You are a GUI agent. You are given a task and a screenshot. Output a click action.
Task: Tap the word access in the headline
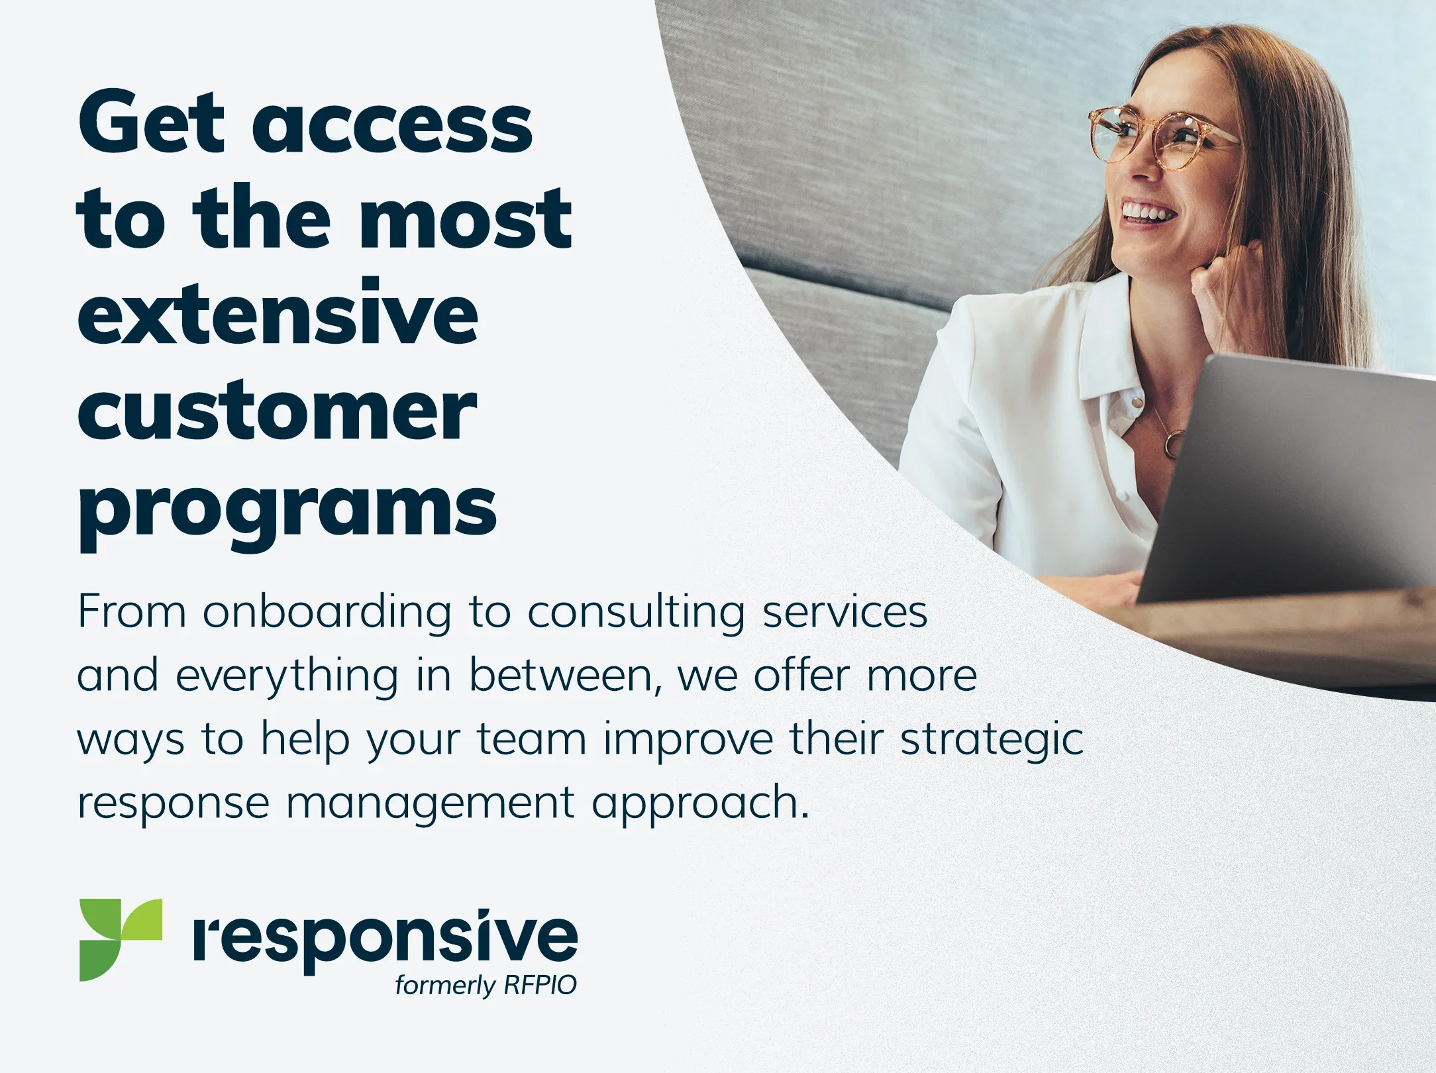coord(392,126)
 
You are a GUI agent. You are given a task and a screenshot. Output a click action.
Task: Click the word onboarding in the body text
coord(327,612)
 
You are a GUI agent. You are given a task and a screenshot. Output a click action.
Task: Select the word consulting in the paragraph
coord(637,612)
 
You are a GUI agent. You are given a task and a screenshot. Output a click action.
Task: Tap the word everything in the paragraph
coord(287,676)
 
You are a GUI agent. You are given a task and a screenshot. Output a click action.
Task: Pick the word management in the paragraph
coord(430,803)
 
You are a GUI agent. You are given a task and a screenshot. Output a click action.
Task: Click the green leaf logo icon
coord(121,940)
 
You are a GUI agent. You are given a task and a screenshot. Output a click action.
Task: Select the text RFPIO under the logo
coord(540,986)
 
